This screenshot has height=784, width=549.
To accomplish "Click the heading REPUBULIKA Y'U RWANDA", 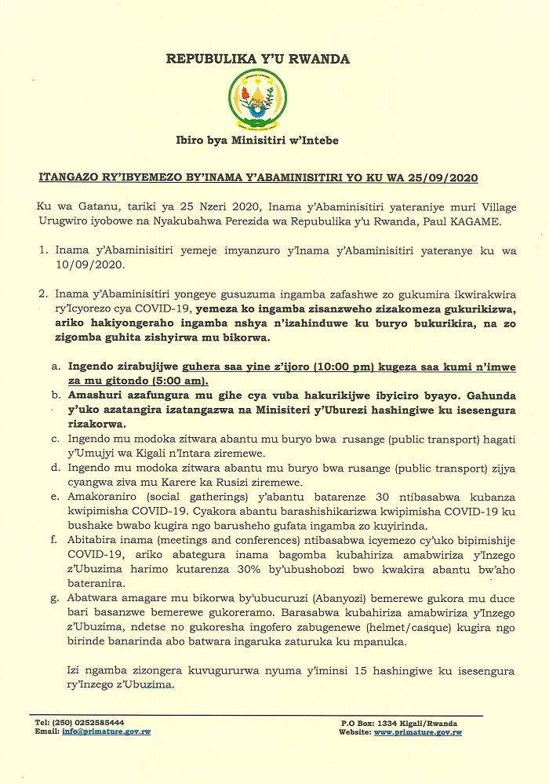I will tap(258, 59).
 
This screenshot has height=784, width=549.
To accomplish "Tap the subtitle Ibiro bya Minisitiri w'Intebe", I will tap(258, 140).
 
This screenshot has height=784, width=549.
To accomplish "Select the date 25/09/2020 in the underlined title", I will tap(449, 178).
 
